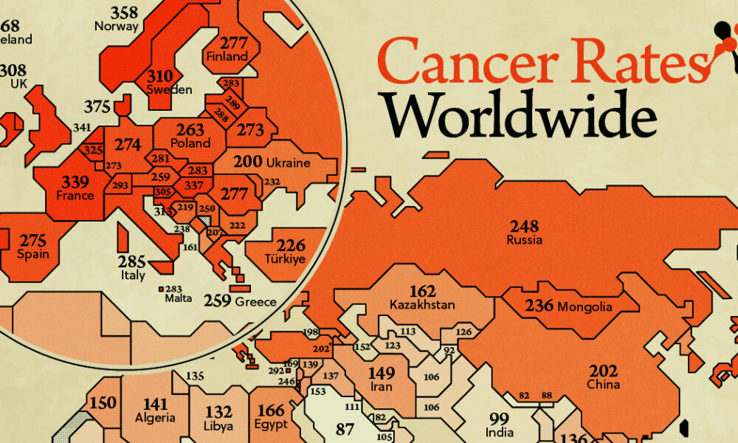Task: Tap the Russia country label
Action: (525, 240)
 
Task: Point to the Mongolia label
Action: (585, 306)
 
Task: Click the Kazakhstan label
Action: (421, 304)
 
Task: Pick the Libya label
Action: (218, 426)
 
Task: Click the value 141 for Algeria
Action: (156, 404)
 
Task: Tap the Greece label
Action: (255, 301)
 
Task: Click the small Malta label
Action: (179, 298)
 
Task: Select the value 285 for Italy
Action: (133, 261)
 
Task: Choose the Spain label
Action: (34, 255)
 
